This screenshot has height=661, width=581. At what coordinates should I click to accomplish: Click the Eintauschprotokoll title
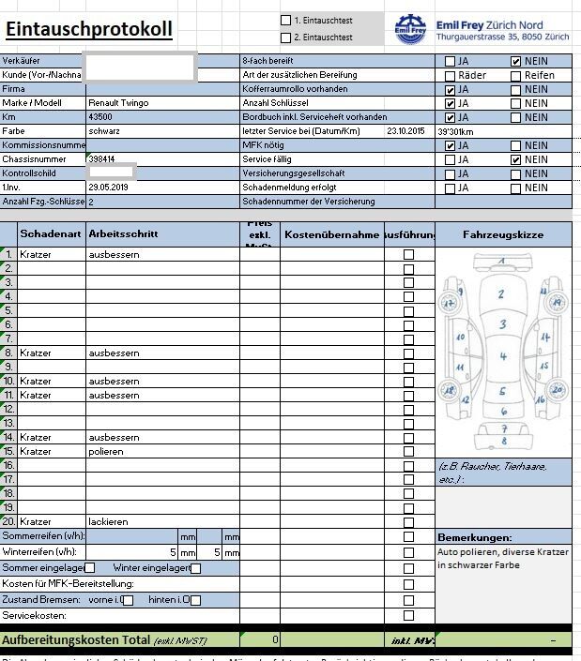pyautogui.click(x=88, y=29)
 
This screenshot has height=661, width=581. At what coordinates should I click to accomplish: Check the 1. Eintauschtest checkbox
pyautogui.click(x=286, y=20)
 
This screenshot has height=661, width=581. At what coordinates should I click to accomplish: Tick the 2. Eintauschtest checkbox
pyautogui.click(x=286, y=38)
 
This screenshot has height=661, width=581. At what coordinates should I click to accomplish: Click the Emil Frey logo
pyautogui.click(x=410, y=29)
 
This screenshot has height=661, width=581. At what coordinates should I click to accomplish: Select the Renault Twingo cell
pyautogui.click(x=118, y=103)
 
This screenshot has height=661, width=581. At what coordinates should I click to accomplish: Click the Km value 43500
pyautogui.click(x=100, y=117)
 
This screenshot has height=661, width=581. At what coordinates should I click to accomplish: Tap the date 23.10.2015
pyautogui.click(x=405, y=131)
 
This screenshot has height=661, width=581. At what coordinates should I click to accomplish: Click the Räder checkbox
pyautogui.click(x=451, y=75)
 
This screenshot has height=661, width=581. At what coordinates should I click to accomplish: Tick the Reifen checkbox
pyautogui.click(x=516, y=75)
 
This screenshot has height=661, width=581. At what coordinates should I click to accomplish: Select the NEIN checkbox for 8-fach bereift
pyautogui.click(x=516, y=61)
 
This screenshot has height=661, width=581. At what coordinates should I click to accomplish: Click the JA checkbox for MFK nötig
pyautogui.click(x=451, y=145)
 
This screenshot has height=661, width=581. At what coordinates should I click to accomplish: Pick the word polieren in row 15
pyautogui.click(x=106, y=451)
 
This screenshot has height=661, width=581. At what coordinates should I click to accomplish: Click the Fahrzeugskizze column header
pyautogui.click(x=503, y=233)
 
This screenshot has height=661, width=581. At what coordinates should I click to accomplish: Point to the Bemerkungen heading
pyautogui.click(x=474, y=537)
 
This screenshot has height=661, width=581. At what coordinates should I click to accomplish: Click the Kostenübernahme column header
pyautogui.click(x=331, y=233)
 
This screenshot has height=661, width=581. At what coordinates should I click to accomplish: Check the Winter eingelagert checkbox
pyautogui.click(x=195, y=568)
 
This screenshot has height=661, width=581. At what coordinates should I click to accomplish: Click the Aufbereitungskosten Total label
pyautogui.click(x=76, y=639)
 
